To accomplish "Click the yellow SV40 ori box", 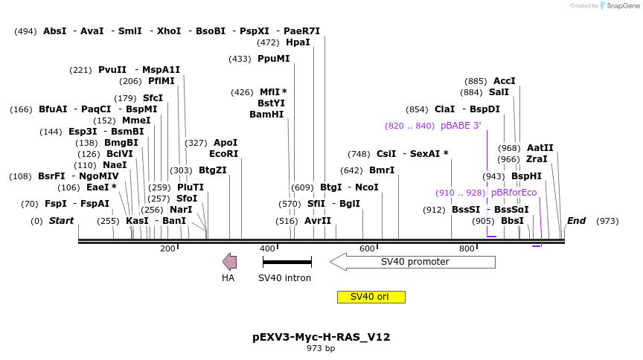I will tap(371, 297).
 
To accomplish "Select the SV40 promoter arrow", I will tap(412, 262).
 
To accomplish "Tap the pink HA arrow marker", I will tap(230, 261).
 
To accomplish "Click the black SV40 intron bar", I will tap(287, 262).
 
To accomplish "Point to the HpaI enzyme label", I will tap(298, 42).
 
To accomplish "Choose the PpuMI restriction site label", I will tap(273, 59).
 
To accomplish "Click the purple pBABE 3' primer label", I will tap(461, 126).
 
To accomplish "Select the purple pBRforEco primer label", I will tap(514, 193).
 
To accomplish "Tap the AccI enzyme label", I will tap(504, 81).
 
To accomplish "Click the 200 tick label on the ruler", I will tap(167, 248).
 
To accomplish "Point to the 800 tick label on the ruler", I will tap(467, 248).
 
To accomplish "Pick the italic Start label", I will tap(61, 221).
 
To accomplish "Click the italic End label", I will tap(576, 221).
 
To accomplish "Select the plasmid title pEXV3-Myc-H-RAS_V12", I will tap(321, 337).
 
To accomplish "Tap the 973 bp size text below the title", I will tap(321, 348).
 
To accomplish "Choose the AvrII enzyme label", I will tap(318, 221).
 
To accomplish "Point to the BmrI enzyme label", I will tap(382, 170).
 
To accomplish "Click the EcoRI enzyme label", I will tap(223, 154).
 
